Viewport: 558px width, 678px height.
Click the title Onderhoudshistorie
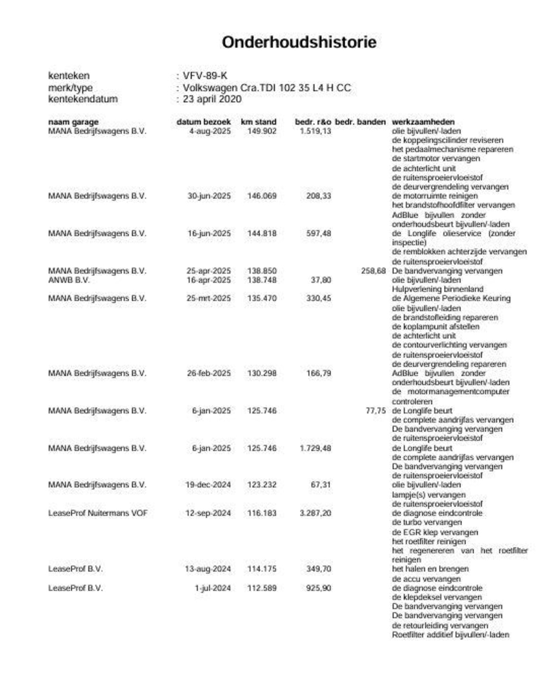pyautogui.click(x=299, y=42)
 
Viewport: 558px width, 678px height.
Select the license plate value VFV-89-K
pyautogui.click(x=205, y=76)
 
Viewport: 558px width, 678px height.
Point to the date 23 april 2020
pyautogui.click(x=212, y=99)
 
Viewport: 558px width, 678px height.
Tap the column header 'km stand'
pyautogui.click(x=258, y=122)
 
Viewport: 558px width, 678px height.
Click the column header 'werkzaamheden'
pyautogui.click(x=423, y=122)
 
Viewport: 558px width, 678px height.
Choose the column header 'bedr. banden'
pyautogui.click(x=360, y=122)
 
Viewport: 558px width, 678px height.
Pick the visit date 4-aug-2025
pyautogui.click(x=210, y=131)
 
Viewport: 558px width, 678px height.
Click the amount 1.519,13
pyautogui.click(x=315, y=131)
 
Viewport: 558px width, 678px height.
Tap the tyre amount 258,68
pyautogui.click(x=373, y=271)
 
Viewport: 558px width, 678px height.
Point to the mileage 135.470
pyautogui.click(x=262, y=298)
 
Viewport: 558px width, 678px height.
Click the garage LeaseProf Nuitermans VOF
pyautogui.click(x=98, y=513)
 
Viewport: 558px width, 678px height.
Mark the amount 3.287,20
pyautogui.click(x=315, y=513)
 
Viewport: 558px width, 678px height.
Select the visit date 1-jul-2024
pyautogui.click(x=212, y=588)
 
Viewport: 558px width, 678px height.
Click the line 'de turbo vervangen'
pyautogui.click(x=426, y=522)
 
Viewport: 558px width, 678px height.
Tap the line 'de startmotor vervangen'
pyautogui.click(x=436, y=159)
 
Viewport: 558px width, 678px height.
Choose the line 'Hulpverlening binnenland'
pyautogui.click(x=437, y=289)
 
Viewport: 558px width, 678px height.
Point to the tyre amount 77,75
pyautogui.click(x=375, y=411)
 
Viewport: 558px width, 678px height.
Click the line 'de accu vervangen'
pyautogui.click(x=426, y=579)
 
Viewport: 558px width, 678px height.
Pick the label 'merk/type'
pyautogui.click(x=70, y=88)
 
